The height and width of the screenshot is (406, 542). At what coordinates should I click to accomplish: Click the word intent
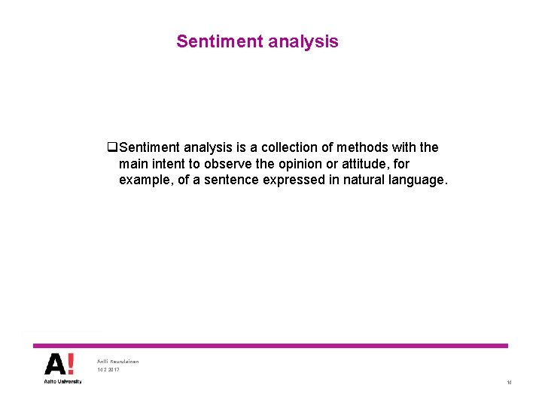click(x=166, y=164)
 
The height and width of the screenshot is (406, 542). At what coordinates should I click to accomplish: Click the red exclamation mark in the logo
click(x=71, y=364)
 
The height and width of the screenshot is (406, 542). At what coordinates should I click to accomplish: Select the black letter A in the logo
click(x=55, y=364)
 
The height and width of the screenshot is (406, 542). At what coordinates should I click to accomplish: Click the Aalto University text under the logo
click(x=62, y=381)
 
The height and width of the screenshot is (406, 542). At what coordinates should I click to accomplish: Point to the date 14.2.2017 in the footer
click(x=108, y=370)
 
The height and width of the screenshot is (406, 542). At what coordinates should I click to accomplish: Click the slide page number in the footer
click(x=509, y=383)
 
